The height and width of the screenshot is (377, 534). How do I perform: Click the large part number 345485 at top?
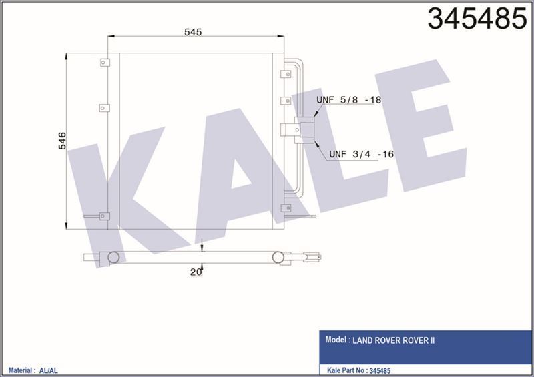[476, 19]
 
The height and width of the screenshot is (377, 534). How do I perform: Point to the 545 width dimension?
[193, 31]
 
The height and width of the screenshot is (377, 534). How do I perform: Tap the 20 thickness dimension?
[195, 272]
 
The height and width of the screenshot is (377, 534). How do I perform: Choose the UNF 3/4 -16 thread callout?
[360, 154]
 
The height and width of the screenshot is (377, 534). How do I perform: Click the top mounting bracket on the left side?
[104, 63]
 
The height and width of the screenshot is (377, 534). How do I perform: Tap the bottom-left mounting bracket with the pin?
[103, 216]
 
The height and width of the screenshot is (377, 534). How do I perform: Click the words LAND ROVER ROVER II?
[394, 340]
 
